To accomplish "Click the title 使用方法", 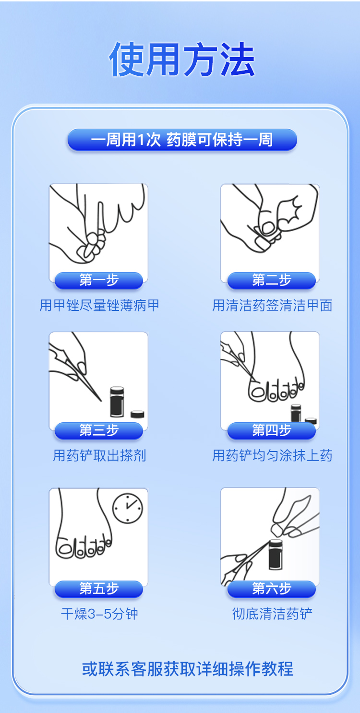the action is (x=182, y=59).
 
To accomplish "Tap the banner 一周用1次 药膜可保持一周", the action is (x=182, y=140).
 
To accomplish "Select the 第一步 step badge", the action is (x=99, y=280).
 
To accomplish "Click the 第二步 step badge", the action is (x=272, y=280).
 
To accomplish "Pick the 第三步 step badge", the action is (x=99, y=431).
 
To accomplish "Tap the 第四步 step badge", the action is (x=272, y=431).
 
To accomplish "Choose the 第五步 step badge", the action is (x=99, y=589).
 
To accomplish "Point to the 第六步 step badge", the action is (x=272, y=589).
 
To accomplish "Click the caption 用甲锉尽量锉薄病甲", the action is (x=99, y=306).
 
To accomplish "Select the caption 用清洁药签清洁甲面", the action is (x=272, y=306).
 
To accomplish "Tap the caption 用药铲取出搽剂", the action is (x=99, y=456).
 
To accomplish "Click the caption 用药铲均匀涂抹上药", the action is (x=272, y=456).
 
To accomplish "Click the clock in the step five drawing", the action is (x=128, y=508).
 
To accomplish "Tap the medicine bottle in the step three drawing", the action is (x=117, y=402).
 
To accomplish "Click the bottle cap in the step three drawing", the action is (x=137, y=414).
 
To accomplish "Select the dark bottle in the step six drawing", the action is (x=276, y=555).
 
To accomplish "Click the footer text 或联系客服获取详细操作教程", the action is (x=188, y=669).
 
